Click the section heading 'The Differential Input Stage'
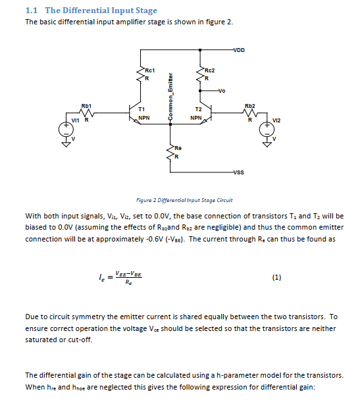pos(101,11)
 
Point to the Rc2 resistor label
pos(210,69)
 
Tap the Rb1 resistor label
pos(86,105)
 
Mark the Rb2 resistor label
pos(249,105)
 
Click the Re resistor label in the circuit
pos(178,149)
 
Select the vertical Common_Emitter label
pos(170,96)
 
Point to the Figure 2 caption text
pos(184,200)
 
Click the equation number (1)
pos(276,278)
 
